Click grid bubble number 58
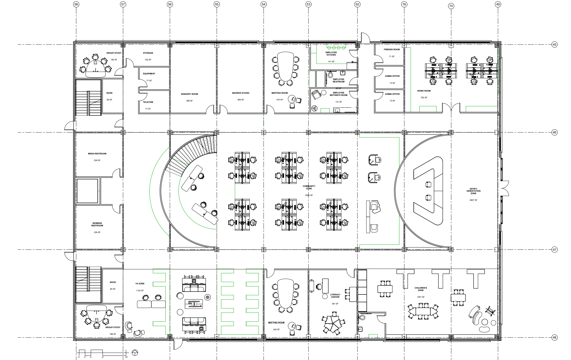coord(76,4)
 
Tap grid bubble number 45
coord(554,45)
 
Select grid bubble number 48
coord(554,337)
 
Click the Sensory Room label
coord(189,94)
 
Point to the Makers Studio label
coord(241,93)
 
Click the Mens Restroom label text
coord(97,154)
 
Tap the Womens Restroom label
coord(97,224)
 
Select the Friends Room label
coord(391,50)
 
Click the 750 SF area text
coord(424,98)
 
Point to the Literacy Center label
coord(335,296)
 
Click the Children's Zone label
coord(420,289)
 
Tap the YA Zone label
coord(140,284)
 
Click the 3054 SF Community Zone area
coord(309,195)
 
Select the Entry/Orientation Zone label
coord(473,191)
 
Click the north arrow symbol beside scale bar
coord(135,352)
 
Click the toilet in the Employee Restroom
coord(330,74)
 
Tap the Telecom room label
coord(148,102)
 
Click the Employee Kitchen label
coord(331,54)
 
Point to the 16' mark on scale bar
coord(126,357)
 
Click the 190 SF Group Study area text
coord(114,60)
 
